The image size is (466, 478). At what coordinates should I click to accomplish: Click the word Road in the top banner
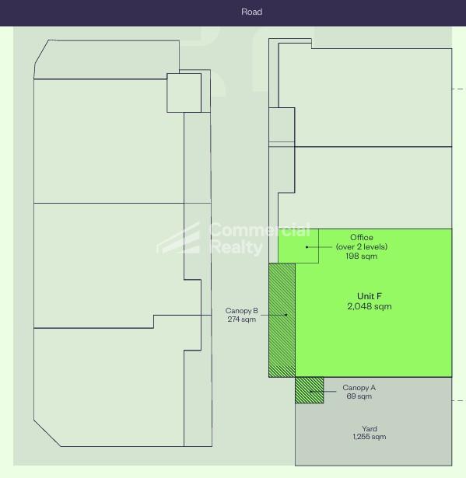click(251, 12)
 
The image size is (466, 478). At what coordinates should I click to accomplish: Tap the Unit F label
click(369, 296)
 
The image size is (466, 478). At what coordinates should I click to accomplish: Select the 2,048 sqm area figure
click(369, 307)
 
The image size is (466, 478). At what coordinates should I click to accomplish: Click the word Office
click(361, 238)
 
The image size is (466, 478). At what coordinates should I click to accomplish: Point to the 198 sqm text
click(361, 256)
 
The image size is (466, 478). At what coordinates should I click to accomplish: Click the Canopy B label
click(241, 311)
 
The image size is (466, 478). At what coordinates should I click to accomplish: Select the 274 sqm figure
click(241, 319)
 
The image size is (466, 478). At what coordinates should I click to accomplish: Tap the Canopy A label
click(359, 388)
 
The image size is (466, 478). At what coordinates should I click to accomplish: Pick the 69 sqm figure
click(359, 396)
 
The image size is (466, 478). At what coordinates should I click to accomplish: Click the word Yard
click(369, 429)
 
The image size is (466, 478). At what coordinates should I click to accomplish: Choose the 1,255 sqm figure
click(369, 438)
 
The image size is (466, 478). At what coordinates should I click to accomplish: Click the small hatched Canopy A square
click(309, 390)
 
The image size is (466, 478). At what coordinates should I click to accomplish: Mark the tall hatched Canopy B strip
click(282, 320)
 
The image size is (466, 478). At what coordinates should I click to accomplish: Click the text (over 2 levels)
click(361, 247)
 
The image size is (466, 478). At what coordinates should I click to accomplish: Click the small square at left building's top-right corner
click(184, 92)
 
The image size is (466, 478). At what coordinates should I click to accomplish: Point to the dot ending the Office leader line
click(307, 247)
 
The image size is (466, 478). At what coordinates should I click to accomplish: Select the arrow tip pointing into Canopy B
click(287, 315)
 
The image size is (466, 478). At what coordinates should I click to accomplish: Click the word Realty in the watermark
click(236, 248)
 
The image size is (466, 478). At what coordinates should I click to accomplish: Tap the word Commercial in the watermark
click(259, 231)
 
